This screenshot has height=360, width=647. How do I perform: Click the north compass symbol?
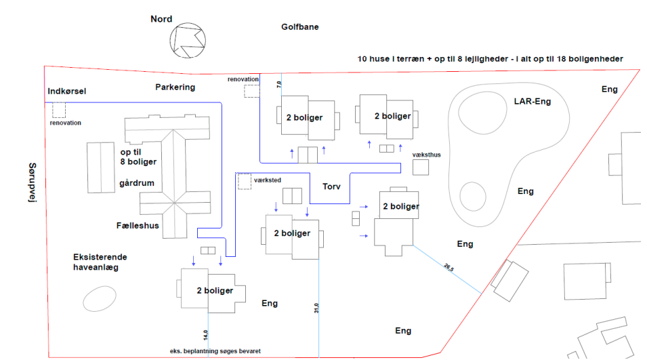(x=188, y=41)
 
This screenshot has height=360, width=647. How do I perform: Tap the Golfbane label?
(x=299, y=27)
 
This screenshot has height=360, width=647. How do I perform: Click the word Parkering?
(x=175, y=87)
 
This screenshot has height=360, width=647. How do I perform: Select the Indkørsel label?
(x=68, y=91)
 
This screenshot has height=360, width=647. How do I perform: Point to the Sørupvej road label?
(x=32, y=182)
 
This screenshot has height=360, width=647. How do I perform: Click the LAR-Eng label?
(x=532, y=102)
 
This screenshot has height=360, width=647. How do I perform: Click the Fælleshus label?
(x=137, y=225)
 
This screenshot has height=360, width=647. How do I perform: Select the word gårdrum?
(x=137, y=184)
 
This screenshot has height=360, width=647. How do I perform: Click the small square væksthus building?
(x=421, y=167)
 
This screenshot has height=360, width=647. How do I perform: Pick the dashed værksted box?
(x=244, y=181)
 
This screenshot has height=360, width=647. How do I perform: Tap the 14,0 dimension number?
(x=205, y=334)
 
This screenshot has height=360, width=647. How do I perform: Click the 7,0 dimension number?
(x=278, y=85)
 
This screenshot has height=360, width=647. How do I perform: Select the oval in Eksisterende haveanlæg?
(x=99, y=298)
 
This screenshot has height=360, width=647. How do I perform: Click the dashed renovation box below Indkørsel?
(x=59, y=110)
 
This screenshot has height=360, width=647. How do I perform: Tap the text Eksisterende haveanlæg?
(x=100, y=262)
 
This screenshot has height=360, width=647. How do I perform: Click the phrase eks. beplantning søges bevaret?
(x=215, y=351)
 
